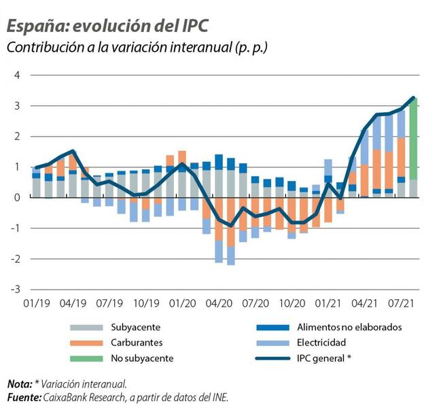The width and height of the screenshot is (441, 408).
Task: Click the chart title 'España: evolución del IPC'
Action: [107, 25]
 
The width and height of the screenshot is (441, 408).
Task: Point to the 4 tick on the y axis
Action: [17, 75]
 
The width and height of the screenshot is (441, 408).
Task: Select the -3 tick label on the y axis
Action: [15, 289]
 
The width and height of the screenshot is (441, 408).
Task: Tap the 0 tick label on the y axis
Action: [17, 197]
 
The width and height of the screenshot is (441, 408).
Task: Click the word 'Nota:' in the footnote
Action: [20, 384]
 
